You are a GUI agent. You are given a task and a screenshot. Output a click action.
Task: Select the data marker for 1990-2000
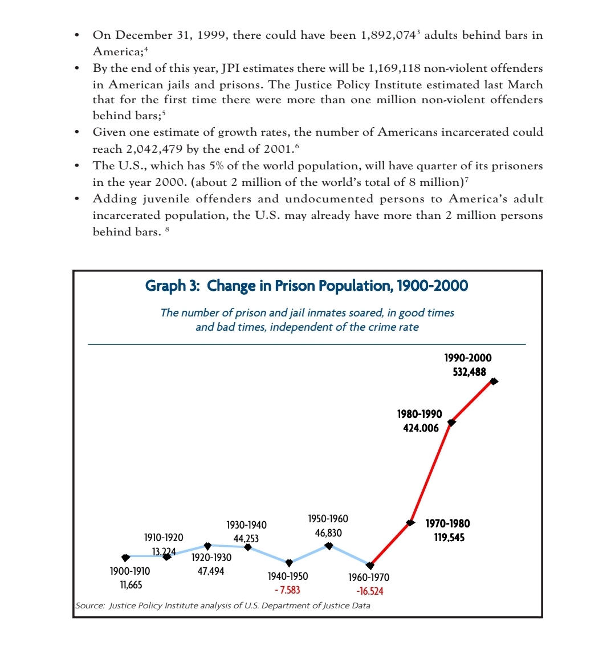pyautogui.click(x=494, y=381)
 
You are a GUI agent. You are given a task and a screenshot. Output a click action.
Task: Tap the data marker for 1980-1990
pyautogui.click(x=451, y=422)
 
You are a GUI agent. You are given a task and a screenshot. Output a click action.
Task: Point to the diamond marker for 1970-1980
pyautogui.click(x=410, y=522)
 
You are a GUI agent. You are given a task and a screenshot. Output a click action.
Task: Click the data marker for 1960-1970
pyautogui.click(x=370, y=565)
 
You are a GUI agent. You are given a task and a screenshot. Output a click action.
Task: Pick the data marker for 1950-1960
pyautogui.click(x=329, y=546)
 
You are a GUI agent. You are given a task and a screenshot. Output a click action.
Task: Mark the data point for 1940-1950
pyautogui.click(x=289, y=563)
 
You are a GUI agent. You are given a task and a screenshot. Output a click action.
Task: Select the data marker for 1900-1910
pyautogui.click(x=125, y=556)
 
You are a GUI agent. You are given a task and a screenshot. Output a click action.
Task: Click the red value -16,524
pyautogui.click(x=369, y=591)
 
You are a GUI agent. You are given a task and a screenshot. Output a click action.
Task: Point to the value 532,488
pyautogui.click(x=466, y=372)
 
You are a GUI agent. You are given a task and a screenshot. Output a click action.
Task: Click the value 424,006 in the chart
pyautogui.click(x=421, y=428)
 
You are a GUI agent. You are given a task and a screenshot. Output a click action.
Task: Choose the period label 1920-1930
pyautogui.click(x=211, y=557)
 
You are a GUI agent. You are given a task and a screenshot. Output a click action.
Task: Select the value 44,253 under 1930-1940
pyautogui.click(x=246, y=538)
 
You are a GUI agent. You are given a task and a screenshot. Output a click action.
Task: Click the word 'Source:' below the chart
pyautogui.click(x=90, y=606)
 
